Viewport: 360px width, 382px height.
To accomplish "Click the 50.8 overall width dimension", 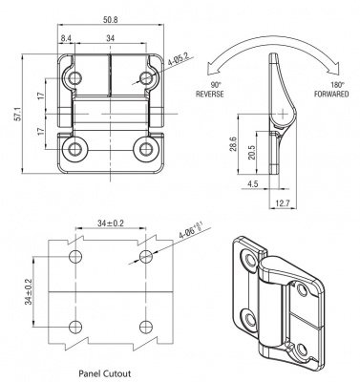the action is (111, 20).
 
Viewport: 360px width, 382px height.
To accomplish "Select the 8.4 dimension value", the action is (66, 38).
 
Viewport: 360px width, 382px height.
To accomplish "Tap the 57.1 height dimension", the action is (18, 114).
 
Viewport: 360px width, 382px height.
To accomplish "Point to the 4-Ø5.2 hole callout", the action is (178, 59).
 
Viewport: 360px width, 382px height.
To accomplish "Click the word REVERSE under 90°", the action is (210, 94).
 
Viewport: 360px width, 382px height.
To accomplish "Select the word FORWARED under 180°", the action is (331, 94).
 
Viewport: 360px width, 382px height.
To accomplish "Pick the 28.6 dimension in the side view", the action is (233, 143).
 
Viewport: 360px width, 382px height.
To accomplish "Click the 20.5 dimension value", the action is (251, 153).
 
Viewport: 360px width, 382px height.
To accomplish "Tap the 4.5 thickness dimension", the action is (253, 183).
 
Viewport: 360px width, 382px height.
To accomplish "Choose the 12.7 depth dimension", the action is (283, 203).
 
